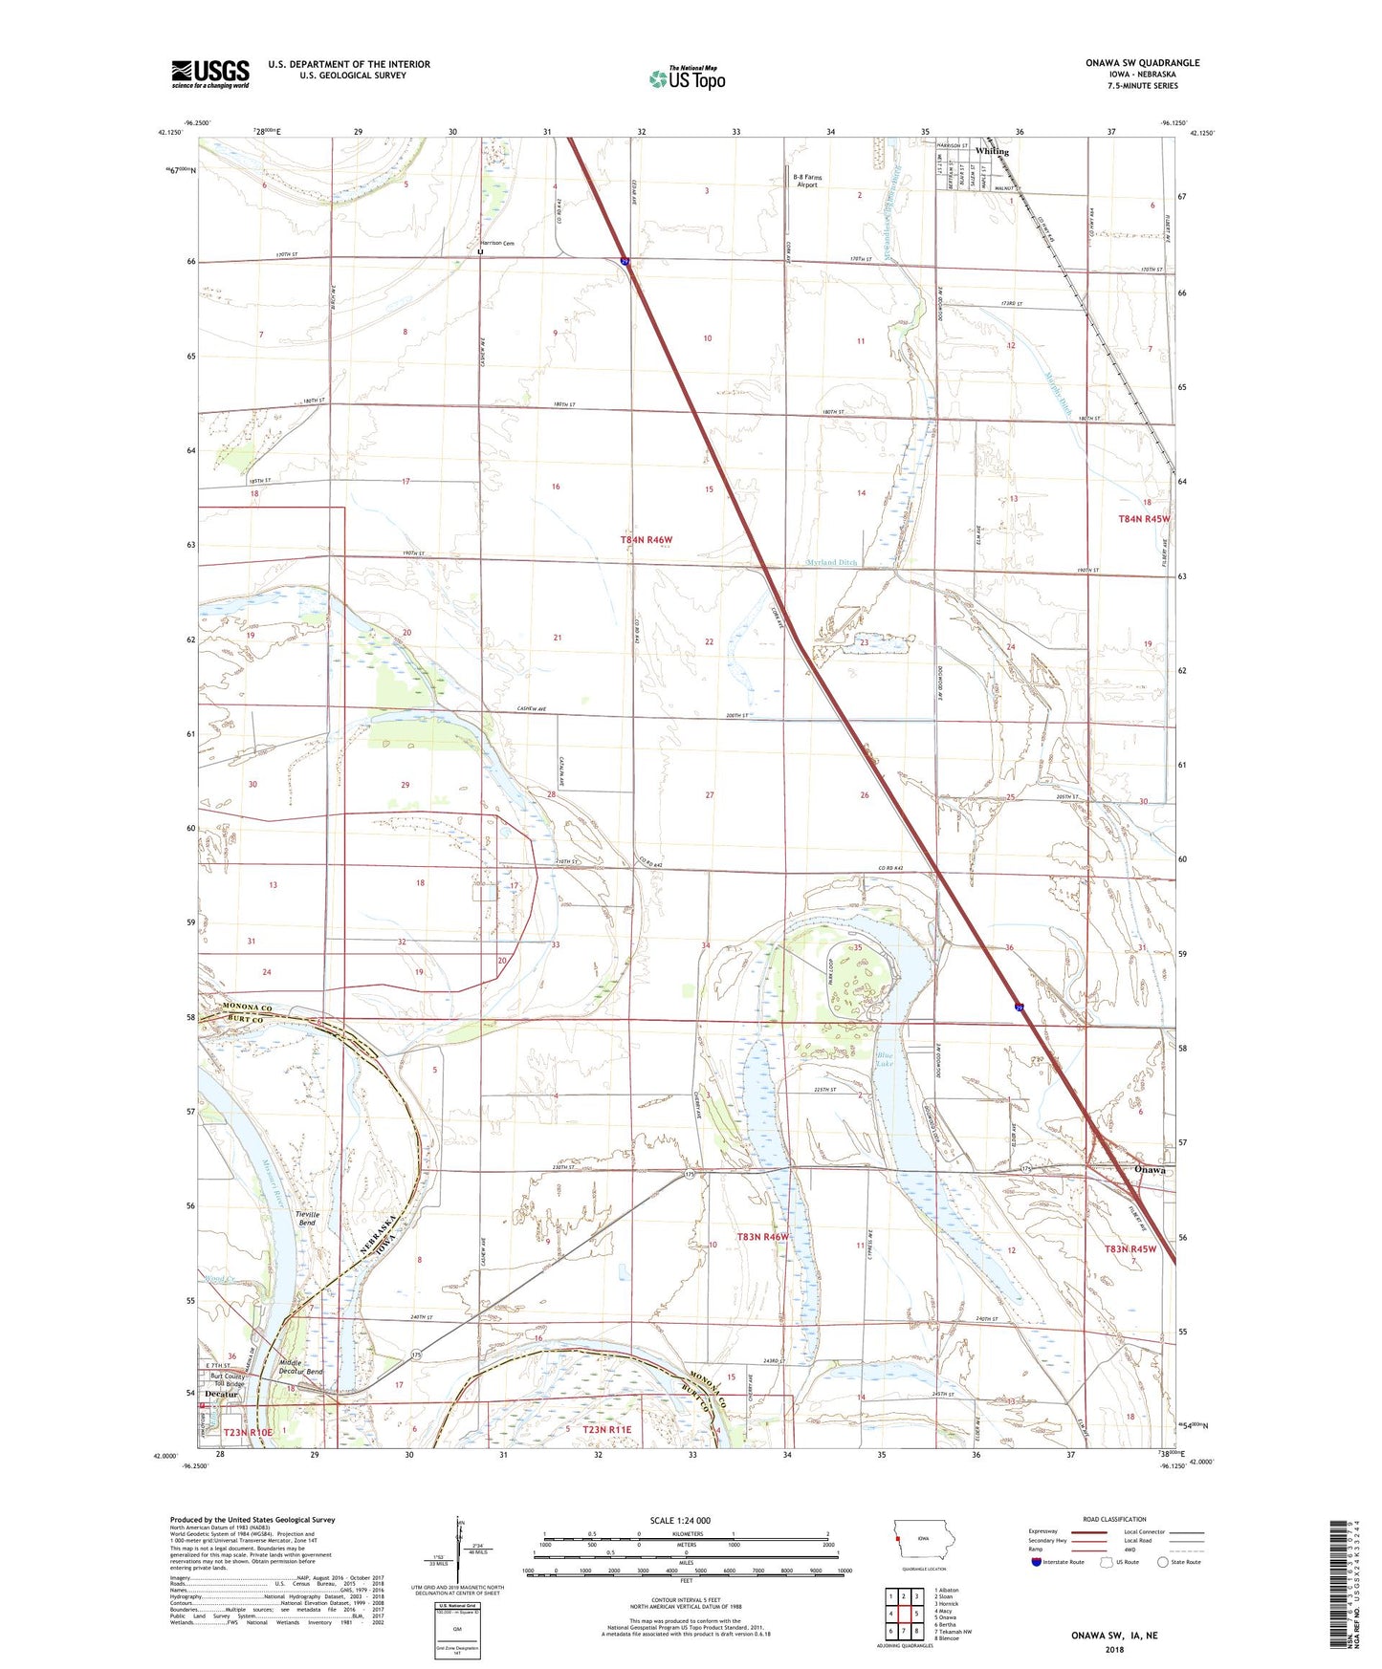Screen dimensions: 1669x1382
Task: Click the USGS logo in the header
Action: pyautogui.click(x=210, y=74)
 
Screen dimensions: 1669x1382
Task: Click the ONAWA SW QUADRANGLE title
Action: pyautogui.click(x=1142, y=63)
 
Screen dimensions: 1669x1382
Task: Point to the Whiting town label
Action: pyautogui.click(x=992, y=151)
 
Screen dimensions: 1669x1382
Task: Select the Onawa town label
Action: pyautogui.click(x=1150, y=1170)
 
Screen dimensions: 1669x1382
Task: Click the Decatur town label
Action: pyautogui.click(x=221, y=1395)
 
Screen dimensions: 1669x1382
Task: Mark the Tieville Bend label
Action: pyautogui.click(x=307, y=1218)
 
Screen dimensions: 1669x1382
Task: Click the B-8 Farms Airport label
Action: pyautogui.click(x=807, y=181)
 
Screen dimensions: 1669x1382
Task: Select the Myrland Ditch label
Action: pyautogui.click(x=831, y=563)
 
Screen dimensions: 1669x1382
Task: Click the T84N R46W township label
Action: pyautogui.click(x=647, y=540)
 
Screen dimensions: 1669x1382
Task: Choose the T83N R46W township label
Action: pyautogui.click(x=762, y=1237)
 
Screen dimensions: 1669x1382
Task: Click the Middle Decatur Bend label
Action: pyautogui.click(x=300, y=1367)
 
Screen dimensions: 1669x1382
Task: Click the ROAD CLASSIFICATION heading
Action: pyautogui.click(x=1114, y=1519)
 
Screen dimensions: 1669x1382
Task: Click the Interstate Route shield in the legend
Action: pyautogui.click(x=1038, y=1562)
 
